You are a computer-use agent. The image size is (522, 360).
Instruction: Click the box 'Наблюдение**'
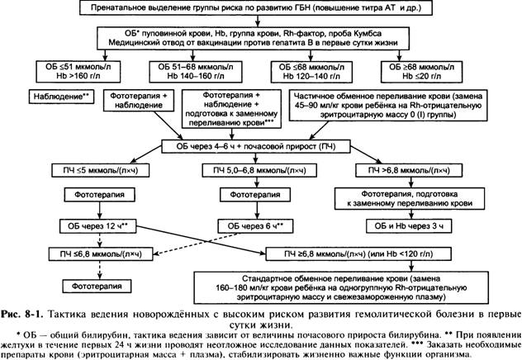[x=62, y=97]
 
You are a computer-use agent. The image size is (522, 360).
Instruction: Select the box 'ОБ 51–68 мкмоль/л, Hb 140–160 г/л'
[x=196, y=72]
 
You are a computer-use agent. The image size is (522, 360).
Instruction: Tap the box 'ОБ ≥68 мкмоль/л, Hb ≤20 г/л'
[x=421, y=72]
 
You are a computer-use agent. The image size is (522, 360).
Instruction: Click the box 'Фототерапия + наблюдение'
[x=139, y=100]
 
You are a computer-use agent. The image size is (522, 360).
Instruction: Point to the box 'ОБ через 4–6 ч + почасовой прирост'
[x=256, y=146]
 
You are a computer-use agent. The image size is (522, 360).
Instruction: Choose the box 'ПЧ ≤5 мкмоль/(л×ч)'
[x=100, y=170]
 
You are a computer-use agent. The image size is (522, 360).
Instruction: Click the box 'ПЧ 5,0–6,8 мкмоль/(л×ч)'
[x=259, y=170]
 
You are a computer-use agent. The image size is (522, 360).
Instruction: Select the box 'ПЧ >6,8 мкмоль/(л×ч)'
[x=409, y=170]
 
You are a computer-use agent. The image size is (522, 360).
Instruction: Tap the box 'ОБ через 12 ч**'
[x=97, y=226]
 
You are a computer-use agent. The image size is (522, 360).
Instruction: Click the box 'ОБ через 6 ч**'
[x=255, y=226]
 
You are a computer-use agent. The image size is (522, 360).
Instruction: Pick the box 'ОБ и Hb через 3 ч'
[x=409, y=226]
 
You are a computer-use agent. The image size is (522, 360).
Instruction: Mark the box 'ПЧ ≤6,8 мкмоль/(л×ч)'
[x=101, y=254]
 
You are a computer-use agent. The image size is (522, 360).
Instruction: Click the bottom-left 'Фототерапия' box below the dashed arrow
[x=97, y=287]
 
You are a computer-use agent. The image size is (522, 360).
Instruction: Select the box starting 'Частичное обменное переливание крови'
[x=388, y=105]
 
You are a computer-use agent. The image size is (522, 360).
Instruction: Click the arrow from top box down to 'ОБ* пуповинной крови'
[x=258, y=21]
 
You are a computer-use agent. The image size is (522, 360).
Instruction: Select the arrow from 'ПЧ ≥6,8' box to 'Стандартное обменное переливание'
[x=412, y=266]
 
